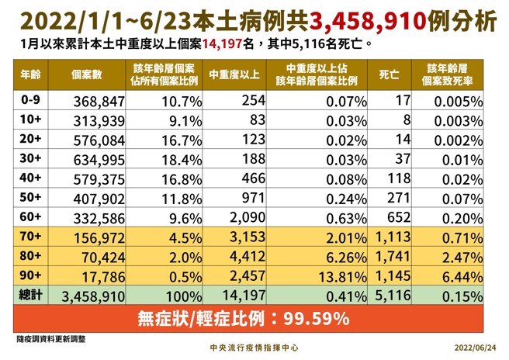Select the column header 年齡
pos(31,75)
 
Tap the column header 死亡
pos(389,75)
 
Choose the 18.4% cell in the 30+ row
pos(164,159)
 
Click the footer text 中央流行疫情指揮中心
pos(254,349)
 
